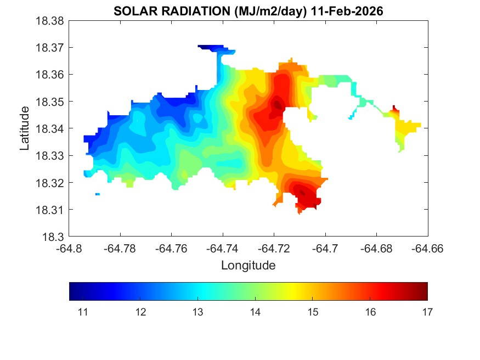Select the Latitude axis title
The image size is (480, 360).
click(24, 128)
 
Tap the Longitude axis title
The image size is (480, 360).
click(248, 266)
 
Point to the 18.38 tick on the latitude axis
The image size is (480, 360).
click(50, 21)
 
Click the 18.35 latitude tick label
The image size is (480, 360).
click(50, 102)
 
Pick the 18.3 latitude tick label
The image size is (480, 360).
click(55, 237)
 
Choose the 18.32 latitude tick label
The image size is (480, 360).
click(50, 183)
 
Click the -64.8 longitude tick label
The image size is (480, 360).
click(69, 249)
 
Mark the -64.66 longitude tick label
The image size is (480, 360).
click(428, 249)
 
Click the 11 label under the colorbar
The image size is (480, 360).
click(83, 312)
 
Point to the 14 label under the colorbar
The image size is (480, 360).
click(255, 312)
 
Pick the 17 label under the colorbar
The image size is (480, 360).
click(427, 312)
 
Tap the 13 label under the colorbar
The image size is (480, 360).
click(197, 312)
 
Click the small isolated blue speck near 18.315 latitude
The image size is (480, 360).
click(98, 194)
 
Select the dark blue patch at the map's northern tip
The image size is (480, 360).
click(208, 47)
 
